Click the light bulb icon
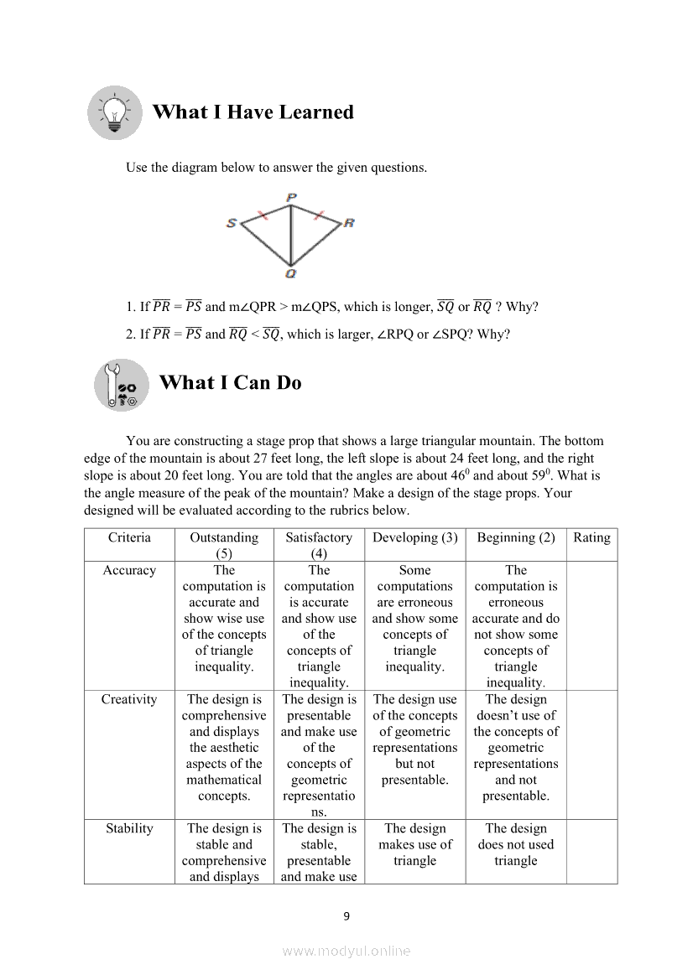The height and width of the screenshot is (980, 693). coord(115,112)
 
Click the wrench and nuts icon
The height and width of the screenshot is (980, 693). coord(121,385)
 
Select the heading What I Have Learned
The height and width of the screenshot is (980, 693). coord(253,112)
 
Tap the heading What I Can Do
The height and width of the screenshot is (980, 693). coord(230,383)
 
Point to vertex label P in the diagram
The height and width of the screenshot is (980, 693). coord(291,198)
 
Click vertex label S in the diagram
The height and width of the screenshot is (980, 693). coord(232,223)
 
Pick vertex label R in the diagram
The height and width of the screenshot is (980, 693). coord(349,223)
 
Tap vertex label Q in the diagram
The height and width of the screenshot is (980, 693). coord(290,273)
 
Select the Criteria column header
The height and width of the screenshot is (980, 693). coord(129,537)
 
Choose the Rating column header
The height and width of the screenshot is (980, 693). coord(591,537)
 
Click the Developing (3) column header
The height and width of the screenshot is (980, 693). coord(414,537)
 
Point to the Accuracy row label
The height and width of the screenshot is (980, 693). coord(129,570)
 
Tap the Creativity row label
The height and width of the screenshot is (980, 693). coord(129,699)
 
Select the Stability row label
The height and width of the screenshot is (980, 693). coord(129,828)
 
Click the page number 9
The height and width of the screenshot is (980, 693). coord(346,915)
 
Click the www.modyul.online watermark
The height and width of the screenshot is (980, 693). coord(346,951)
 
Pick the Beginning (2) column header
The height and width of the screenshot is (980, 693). coord(516,537)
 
